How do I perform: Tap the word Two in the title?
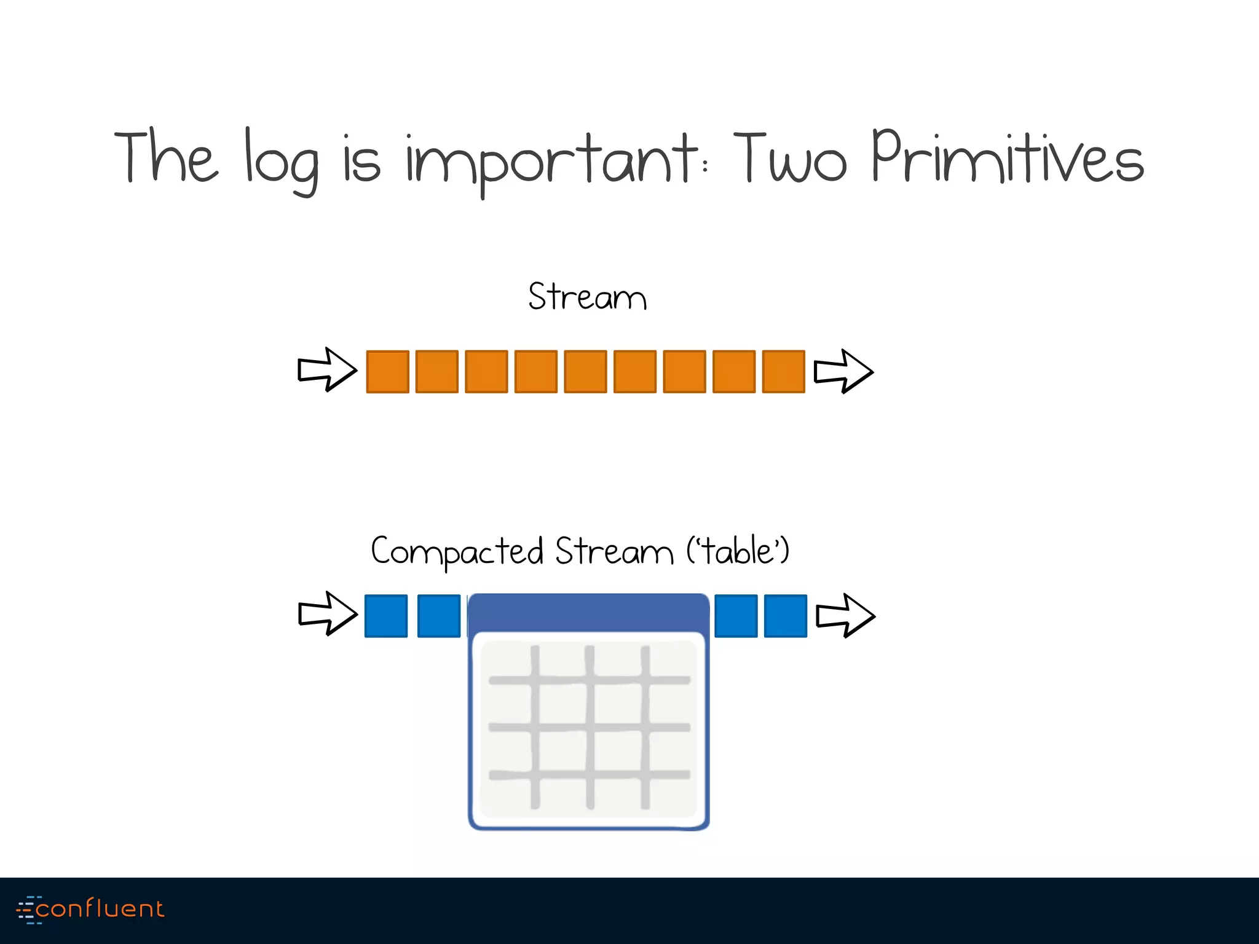[x=790, y=158]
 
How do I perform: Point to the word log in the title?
[x=282, y=161]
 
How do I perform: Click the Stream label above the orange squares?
[x=587, y=297]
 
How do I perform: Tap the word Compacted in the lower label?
[x=457, y=551]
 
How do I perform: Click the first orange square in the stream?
[x=387, y=371]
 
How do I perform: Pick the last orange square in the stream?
[x=783, y=371]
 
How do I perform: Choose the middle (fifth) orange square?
[x=585, y=371]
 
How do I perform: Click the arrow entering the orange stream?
[x=326, y=369]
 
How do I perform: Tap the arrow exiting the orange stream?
[x=843, y=371]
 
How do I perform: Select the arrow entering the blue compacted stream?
[x=327, y=613]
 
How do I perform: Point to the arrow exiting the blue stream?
[x=845, y=615]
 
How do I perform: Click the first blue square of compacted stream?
[x=386, y=616]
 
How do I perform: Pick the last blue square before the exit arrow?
[x=785, y=616]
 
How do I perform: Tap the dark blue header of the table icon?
[x=588, y=613]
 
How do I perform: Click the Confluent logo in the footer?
[x=90, y=909]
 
